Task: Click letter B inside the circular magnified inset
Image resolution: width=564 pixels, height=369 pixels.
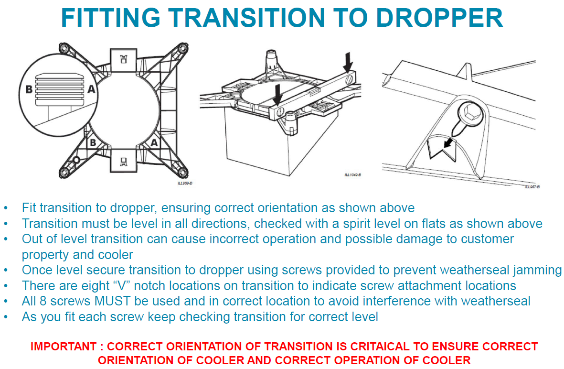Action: tap(29, 88)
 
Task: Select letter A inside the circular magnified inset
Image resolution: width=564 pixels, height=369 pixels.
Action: tap(91, 88)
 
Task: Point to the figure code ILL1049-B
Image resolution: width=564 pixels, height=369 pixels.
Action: tap(352, 175)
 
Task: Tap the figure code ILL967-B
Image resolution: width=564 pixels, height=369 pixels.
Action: tap(532, 187)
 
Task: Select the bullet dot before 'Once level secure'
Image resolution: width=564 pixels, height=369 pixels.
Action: tap(6, 271)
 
